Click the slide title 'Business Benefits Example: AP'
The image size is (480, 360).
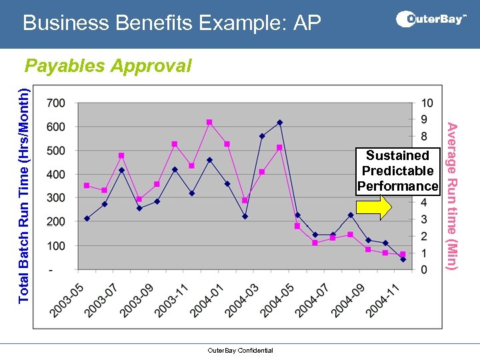(171, 23)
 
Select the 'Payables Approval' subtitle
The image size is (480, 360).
(108, 66)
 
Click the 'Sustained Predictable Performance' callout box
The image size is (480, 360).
(398, 171)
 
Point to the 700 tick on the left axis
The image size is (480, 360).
(56, 103)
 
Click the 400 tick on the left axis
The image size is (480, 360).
(56, 175)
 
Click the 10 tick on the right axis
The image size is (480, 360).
(427, 103)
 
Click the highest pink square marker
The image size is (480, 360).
(209, 122)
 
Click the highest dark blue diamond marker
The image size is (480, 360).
(279, 123)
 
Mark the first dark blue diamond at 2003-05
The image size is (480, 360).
(87, 219)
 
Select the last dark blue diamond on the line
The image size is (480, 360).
(403, 259)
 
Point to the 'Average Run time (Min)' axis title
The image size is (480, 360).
(452, 197)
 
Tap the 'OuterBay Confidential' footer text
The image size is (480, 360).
(240, 351)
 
